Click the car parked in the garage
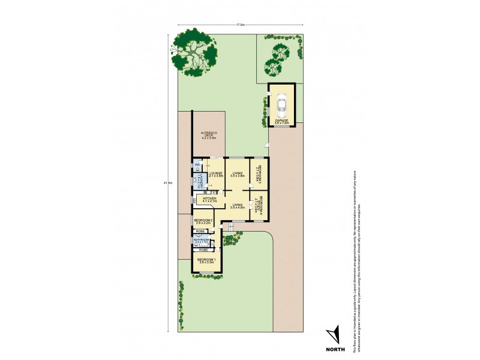(x=282, y=106)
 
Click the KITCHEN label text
(x=209, y=199)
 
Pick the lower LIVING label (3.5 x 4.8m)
(x=238, y=206)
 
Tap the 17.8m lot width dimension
(x=240, y=25)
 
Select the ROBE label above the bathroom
(x=200, y=231)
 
